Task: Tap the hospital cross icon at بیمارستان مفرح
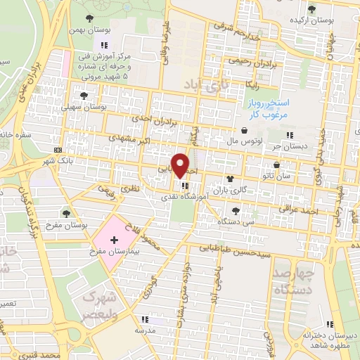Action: (114, 240)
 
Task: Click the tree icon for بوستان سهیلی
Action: (84, 95)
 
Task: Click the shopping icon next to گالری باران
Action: (230, 179)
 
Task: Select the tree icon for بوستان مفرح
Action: (66, 212)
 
